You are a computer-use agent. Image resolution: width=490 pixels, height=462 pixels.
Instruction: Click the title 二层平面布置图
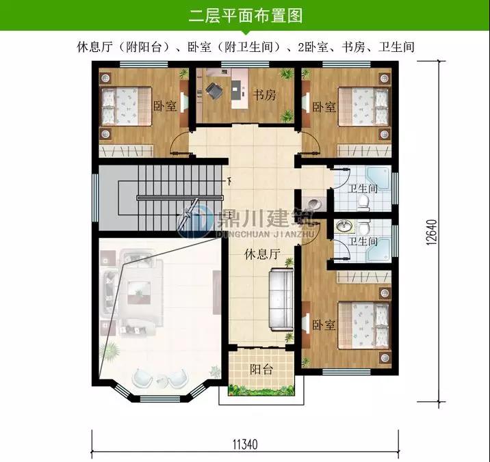[x=246, y=15]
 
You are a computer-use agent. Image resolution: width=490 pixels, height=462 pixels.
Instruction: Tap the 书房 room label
[x=264, y=94]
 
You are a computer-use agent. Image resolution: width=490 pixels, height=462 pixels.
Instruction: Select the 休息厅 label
[x=262, y=254]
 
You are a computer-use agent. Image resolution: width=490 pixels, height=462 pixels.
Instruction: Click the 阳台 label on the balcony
[x=261, y=369]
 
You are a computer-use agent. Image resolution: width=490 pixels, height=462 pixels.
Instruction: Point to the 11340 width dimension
[x=245, y=444]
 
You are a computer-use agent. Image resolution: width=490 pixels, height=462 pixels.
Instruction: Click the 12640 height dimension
[x=431, y=232]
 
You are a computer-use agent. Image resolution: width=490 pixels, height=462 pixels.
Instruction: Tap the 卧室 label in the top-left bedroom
[x=165, y=106]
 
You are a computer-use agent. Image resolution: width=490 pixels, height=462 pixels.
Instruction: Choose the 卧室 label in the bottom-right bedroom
[x=324, y=325]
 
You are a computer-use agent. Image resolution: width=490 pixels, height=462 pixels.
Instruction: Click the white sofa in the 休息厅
[x=281, y=299]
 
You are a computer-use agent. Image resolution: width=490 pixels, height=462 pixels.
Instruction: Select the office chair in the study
[x=214, y=91]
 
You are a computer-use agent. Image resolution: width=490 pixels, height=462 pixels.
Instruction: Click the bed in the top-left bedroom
[x=125, y=106]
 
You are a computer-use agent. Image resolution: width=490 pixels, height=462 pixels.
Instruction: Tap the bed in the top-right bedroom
[x=364, y=107]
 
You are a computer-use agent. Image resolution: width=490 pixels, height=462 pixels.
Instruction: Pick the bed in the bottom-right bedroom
[x=364, y=325]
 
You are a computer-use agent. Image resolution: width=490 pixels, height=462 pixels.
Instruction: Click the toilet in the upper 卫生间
[x=363, y=202]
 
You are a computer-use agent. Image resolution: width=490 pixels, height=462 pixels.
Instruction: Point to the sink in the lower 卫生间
[x=344, y=226]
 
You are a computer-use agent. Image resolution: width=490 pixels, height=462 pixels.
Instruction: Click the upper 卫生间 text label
[x=363, y=189]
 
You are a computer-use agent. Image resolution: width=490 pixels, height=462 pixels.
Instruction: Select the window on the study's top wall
[x=245, y=64]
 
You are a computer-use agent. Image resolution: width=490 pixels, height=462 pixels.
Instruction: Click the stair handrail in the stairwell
[x=180, y=198]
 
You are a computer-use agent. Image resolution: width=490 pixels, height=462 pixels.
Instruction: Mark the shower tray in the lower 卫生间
[x=378, y=249]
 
